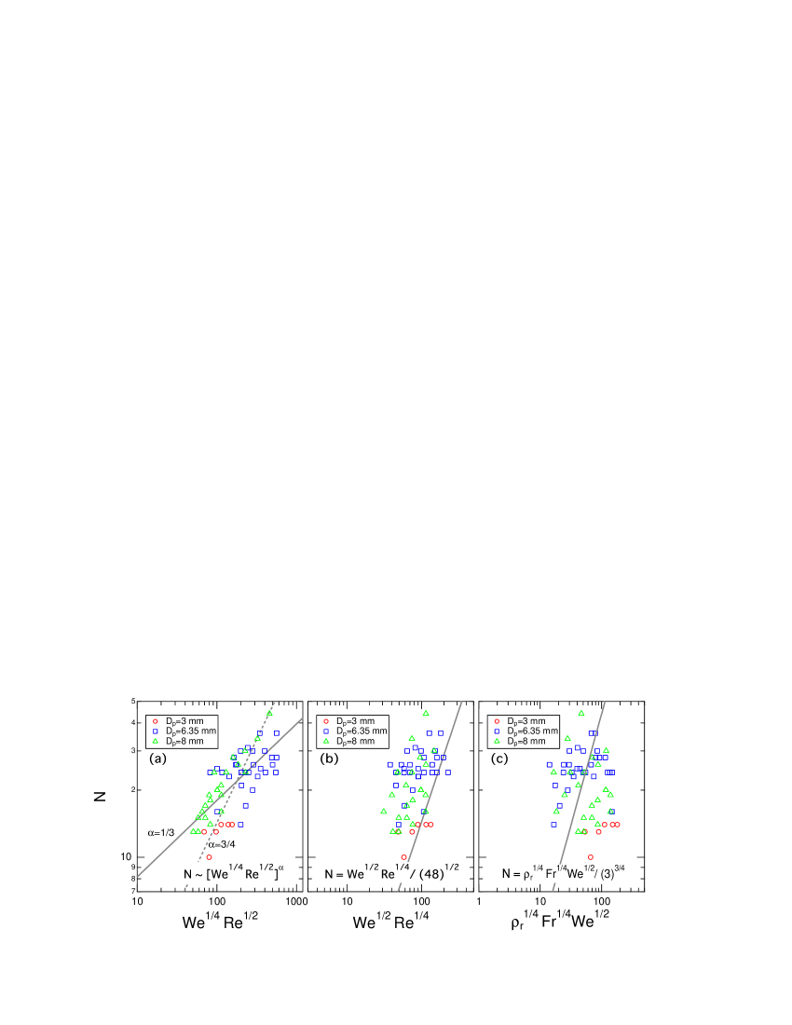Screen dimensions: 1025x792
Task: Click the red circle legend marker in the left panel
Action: point(156,721)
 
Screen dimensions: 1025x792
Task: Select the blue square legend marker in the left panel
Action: point(156,731)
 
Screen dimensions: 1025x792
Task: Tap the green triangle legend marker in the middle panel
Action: point(326,741)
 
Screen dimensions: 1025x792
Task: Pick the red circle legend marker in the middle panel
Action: point(326,721)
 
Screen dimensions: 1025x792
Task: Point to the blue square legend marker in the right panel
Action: point(497,731)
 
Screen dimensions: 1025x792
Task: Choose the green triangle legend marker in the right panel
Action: point(497,741)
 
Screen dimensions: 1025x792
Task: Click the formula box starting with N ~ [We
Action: point(235,873)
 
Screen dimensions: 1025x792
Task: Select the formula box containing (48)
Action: point(392,873)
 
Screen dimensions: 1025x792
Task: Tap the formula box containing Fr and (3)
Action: point(564,873)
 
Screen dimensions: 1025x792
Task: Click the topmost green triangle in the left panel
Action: point(269,713)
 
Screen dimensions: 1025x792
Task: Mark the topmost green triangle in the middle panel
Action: point(426,713)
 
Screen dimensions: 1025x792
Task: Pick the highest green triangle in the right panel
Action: point(580,713)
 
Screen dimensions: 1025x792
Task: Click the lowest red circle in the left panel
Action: point(210,856)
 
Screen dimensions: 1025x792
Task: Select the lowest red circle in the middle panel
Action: point(404,856)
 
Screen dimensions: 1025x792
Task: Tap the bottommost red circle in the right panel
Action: point(591,856)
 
